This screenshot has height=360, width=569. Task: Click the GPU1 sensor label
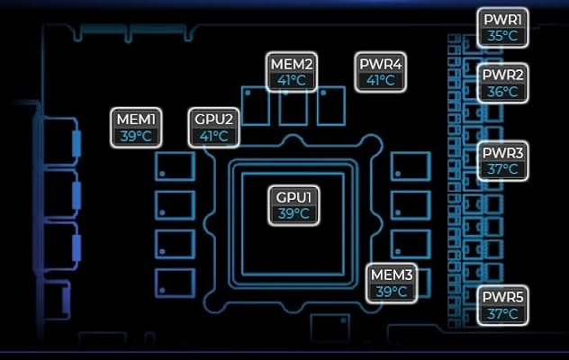(x=294, y=205)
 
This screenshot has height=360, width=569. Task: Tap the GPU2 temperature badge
(x=213, y=128)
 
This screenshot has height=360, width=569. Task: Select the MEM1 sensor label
(x=136, y=128)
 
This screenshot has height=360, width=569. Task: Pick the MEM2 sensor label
(x=292, y=72)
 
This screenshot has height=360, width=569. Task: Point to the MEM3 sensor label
(x=392, y=283)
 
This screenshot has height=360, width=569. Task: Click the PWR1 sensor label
(x=502, y=28)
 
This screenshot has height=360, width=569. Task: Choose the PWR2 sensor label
(x=502, y=83)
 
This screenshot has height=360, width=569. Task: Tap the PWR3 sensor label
(x=502, y=161)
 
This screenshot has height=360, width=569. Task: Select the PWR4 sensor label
(x=380, y=72)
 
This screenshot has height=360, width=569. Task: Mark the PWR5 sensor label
(x=502, y=305)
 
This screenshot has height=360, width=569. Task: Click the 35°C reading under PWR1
(x=502, y=36)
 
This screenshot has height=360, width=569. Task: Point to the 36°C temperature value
(x=502, y=92)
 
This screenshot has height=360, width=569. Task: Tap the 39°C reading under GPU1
(x=294, y=214)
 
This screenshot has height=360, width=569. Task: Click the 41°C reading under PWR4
(x=380, y=80)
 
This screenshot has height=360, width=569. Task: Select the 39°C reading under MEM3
(x=392, y=292)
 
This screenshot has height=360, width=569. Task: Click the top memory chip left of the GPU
(x=176, y=166)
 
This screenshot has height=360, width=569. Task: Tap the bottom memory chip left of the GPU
(x=176, y=283)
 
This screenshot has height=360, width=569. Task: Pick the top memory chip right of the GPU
(x=411, y=166)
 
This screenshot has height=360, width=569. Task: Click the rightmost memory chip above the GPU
(x=331, y=106)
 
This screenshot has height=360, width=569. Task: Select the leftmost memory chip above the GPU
(x=256, y=106)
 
